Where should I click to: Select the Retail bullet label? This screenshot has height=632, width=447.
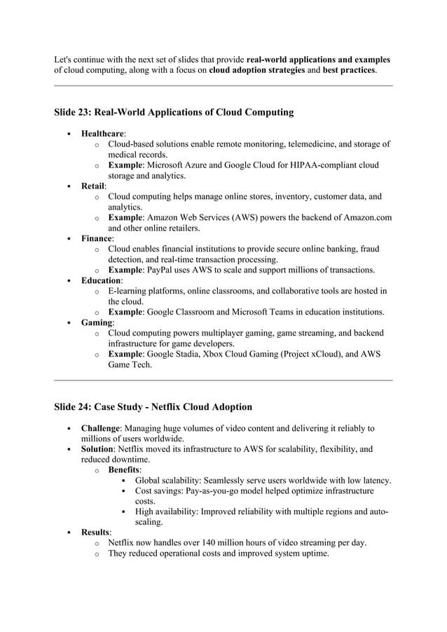[x=92, y=186]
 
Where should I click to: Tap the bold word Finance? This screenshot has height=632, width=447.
[x=97, y=239]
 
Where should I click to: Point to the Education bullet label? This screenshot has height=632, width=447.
[x=101, y=280]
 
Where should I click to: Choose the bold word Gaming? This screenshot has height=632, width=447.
[x=97, y=322]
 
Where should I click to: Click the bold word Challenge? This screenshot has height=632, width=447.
[x=101, y=428]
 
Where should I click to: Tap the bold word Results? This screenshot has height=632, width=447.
[x=97, y=533]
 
